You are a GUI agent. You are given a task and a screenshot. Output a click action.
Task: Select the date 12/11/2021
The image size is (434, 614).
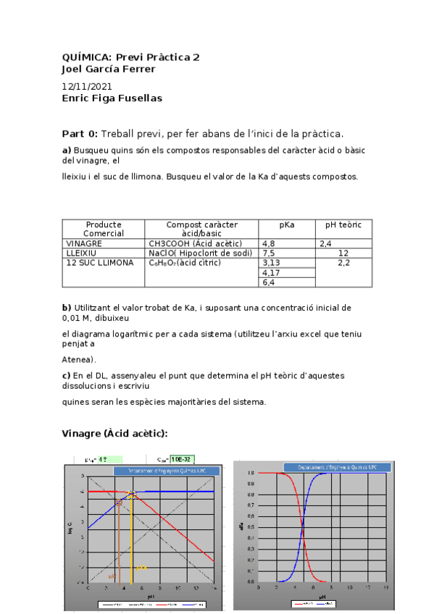pyautogui.click(x=87, y=85)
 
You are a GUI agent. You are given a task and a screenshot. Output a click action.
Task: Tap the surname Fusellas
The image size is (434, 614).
pyautogui.click(x=138, y=98)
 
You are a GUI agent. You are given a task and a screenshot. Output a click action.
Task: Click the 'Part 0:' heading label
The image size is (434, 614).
pyautogui.click(x=80, y=134)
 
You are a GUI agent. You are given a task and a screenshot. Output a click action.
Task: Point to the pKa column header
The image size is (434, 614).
pyautogui.click(x=287, y=225)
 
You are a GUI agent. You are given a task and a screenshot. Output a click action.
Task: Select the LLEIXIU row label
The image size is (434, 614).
pyautogui.click(x=82, y=253)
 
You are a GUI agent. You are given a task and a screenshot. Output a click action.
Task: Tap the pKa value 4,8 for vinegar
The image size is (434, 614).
pyautogui.click(x=269, y=244)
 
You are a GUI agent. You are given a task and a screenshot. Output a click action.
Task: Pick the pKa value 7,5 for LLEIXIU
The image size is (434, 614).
pyautogui.click(x=269, y=253)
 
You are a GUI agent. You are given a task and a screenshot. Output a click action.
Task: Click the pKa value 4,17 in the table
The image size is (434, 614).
pyautogui.click(x=271, y=273)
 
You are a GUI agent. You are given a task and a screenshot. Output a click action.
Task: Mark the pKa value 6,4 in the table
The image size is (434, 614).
pyautogui.click(x=269, y=282)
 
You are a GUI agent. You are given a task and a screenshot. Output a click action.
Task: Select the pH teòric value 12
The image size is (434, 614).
pyautogui.click(x=343, y=253)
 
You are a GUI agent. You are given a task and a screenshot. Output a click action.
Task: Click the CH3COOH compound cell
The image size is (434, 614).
pyautogui.click(x=195, y=244)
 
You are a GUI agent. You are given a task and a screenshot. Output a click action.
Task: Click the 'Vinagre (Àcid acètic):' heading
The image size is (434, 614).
pyautogui.click(x=115, y=433)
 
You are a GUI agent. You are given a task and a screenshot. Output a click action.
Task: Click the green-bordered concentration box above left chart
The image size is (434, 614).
pyautogui.click(x=182, y=459)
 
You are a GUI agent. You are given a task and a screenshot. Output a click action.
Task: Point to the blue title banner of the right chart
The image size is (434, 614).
pyautogui.click(x=333, y=468)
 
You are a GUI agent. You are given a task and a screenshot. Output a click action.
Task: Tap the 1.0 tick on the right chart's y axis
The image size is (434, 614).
pyautogui.click(x=250, y=474)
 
